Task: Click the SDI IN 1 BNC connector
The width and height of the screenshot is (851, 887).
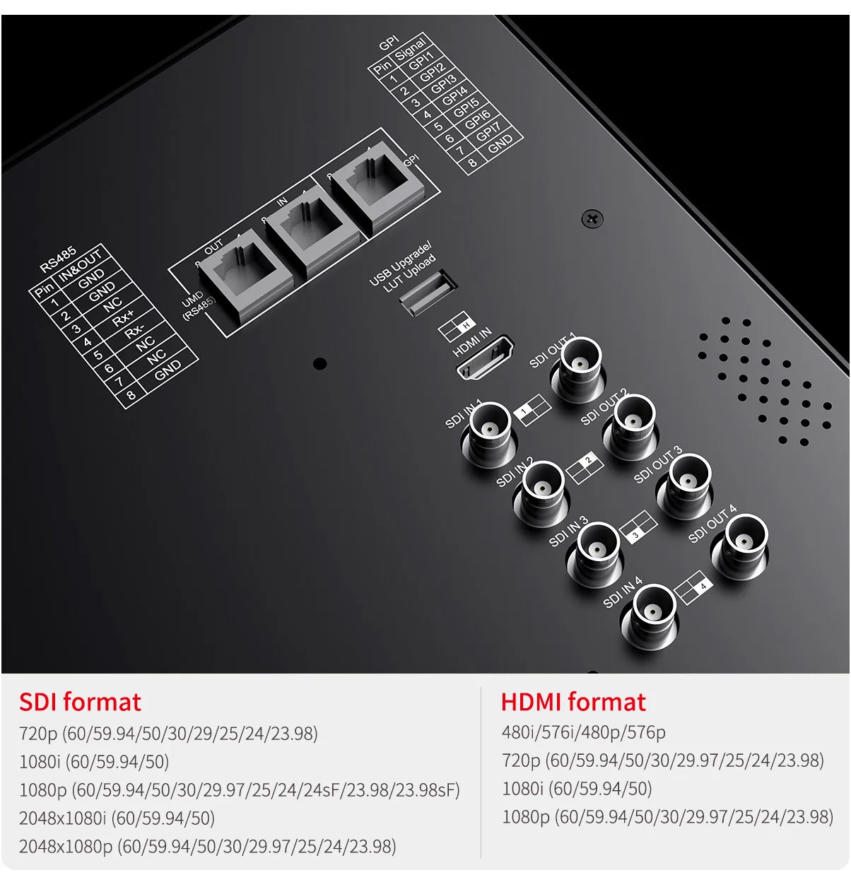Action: [489, 434]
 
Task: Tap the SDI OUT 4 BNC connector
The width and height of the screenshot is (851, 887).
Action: [741, 546]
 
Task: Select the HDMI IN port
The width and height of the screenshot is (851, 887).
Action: [485, 358]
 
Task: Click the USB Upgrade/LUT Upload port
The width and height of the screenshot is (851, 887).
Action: [427, 293]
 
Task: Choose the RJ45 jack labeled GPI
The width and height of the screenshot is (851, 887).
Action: [377, 186]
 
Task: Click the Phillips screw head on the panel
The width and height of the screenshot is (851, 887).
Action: [592, 219]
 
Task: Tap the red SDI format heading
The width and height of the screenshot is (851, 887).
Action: [80, 702]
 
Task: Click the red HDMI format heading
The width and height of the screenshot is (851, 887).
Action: [573, 702]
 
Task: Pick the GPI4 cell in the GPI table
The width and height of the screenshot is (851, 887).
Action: [454, 95]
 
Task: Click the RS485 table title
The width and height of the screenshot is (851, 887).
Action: [59, 260]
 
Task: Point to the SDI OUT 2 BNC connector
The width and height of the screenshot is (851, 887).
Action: [631, 426]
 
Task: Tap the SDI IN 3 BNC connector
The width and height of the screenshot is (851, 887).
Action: [595, 553]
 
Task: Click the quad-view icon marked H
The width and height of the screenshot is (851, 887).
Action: [457, 326]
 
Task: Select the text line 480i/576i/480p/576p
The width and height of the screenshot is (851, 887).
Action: [583, 732]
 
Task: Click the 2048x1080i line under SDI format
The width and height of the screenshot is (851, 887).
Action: [117, 818]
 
